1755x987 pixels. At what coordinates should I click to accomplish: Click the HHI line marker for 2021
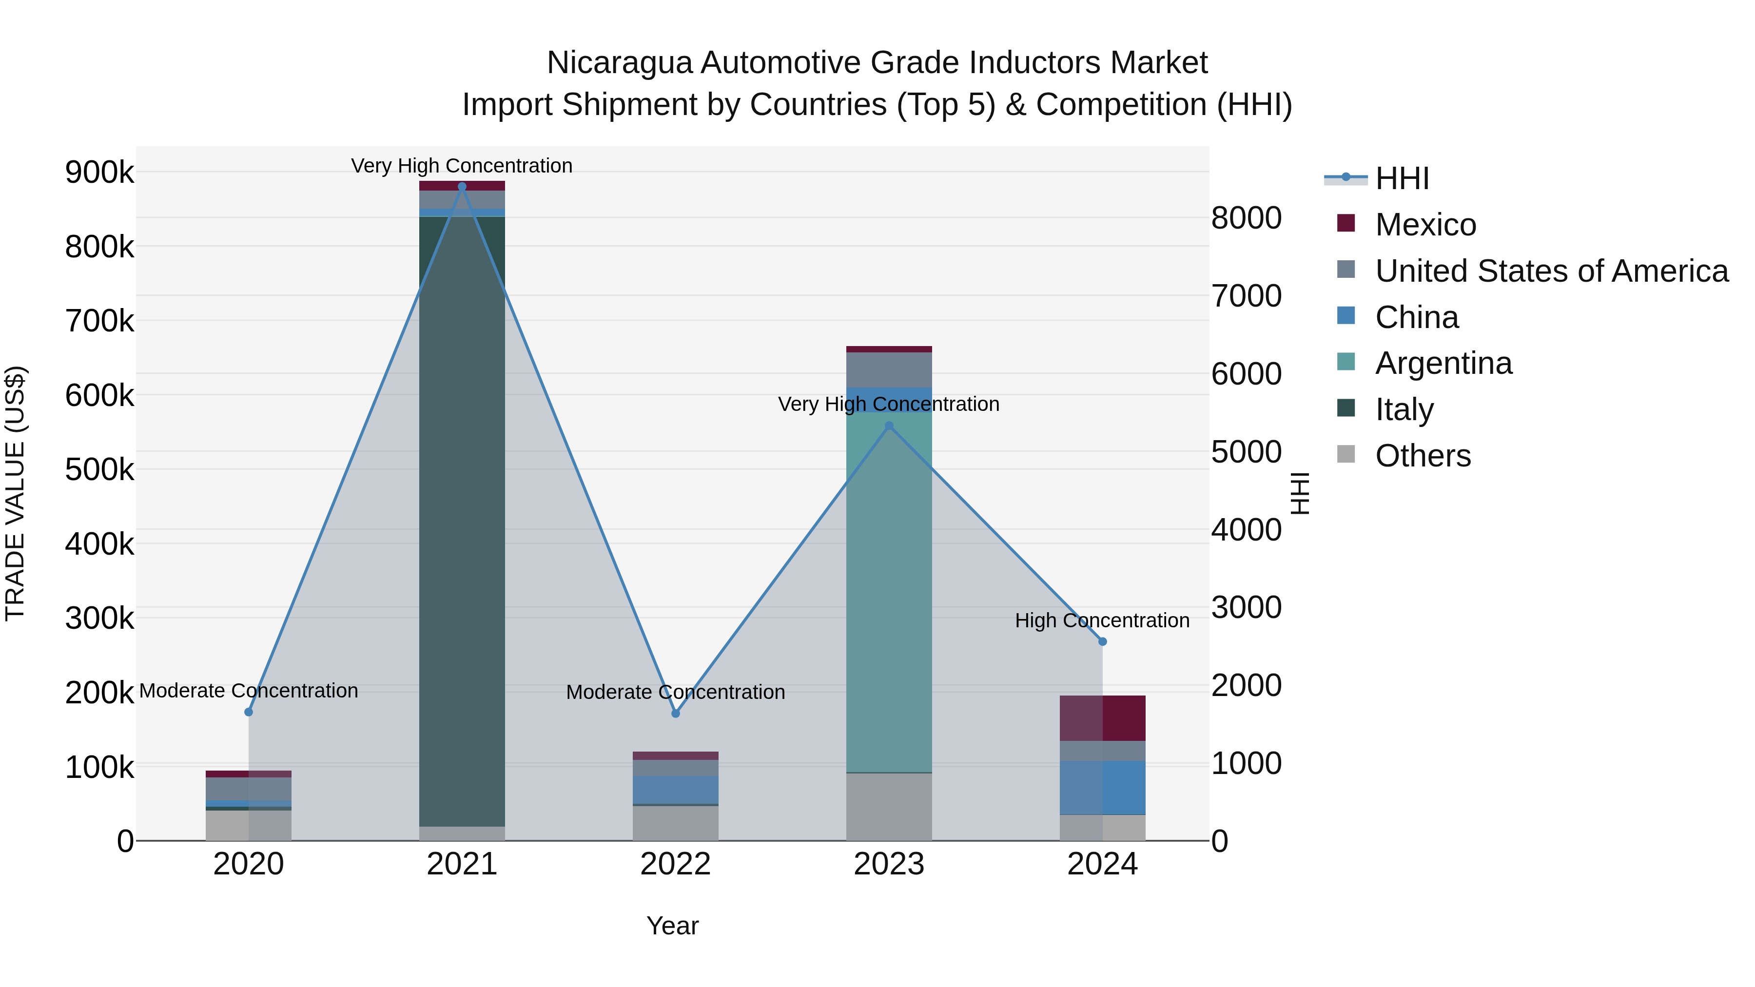[x=462, y=187]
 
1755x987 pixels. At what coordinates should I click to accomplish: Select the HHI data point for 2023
[x=889, y=426]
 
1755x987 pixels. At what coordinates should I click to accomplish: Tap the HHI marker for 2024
[x=1102, y=641]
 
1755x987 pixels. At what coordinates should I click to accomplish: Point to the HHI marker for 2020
[x=249, y=712]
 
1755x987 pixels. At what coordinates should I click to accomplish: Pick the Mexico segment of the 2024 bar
[x=1102, y=718]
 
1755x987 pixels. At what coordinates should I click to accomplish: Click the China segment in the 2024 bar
[x=1102, y=788]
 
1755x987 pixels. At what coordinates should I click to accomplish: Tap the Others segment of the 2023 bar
[x=889, y=807]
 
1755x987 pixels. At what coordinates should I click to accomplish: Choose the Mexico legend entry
[x=1425, y=225]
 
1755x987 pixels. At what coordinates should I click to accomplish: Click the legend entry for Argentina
[x=1443, y=363]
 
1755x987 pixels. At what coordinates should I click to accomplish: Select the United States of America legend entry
[x=1551, y=271]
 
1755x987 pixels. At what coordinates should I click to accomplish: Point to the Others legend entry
[x=1423, y=456]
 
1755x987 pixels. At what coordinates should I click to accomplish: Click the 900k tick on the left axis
[x=99, y=173]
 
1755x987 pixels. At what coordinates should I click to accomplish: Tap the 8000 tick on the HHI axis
[x=1246, y=219]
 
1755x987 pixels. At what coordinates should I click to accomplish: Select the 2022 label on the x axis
[x=675, y=864]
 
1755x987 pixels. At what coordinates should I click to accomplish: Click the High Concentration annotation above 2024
[x=1102, y=620]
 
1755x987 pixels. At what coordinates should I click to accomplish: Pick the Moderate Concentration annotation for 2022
[x=675, y=692]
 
